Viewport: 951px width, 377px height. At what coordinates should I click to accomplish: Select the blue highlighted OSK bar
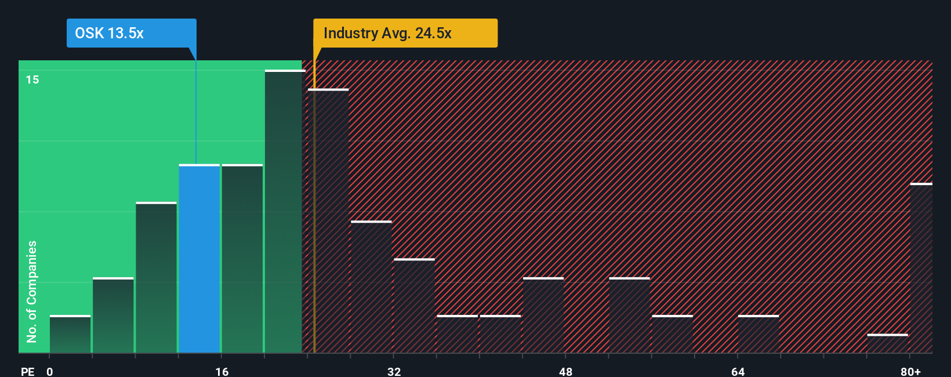pyautogui.click(x=199, y=259)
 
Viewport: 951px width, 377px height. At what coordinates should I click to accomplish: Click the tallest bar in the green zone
pyautogui.click(x=284, y=212)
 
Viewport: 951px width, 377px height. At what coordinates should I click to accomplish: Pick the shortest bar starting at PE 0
pyautogui.click(x=70, y=334)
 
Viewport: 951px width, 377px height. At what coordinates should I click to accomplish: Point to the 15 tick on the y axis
pyautogui.click(x=32, y=79)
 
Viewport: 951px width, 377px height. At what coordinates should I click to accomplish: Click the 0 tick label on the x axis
pyautogui.click(x=50, y=371)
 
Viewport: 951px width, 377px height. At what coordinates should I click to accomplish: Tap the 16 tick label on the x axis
pyautogui.click(x=222, y=371)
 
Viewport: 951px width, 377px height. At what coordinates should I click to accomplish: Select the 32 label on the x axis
pyautogui.click(x=394, y=371)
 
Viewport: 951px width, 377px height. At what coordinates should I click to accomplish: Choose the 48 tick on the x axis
pyautogui.click(x=565, y=371)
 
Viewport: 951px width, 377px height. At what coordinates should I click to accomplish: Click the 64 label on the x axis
pyautogui.click(x=738, y=371)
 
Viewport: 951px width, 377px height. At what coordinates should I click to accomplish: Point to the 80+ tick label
pyautogui.click(x=910, y=371)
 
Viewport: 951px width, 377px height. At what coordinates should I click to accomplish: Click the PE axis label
pyautogui.click(x=27, y=371)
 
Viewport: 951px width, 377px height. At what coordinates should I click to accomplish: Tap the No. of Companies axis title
pyautogui.click(x=32, y=291)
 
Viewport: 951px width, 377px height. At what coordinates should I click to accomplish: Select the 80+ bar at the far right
pyautogui.click(x=921, y=268)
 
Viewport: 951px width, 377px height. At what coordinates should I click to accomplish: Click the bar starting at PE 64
pyautogui.click(x=758, y=334)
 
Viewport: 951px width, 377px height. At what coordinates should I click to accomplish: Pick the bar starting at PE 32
pyautogui.click(x=414, y=306)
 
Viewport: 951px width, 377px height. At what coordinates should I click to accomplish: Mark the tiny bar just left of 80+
pyautogui.click(x=887, y=343)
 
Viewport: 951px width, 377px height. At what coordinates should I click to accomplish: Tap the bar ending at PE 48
pyautogui.click(x=543, y=315)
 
